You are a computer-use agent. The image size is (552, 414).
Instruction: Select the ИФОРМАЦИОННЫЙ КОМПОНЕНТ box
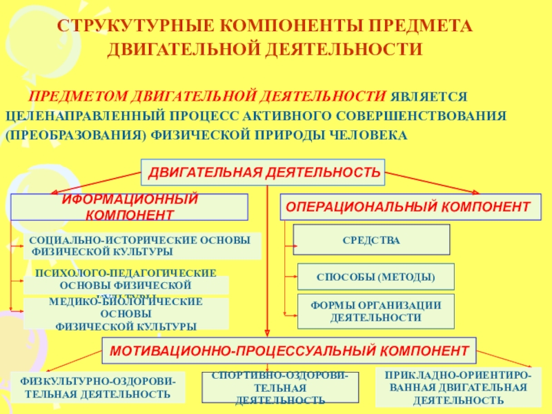(x=129, y=207)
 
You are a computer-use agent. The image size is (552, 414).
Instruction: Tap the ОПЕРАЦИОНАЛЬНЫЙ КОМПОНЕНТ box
(x=408, y=207)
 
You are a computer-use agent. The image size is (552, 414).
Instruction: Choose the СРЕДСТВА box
(x=372, y=239)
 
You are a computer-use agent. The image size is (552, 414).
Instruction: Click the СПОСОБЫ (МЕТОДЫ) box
(x=375, y=277)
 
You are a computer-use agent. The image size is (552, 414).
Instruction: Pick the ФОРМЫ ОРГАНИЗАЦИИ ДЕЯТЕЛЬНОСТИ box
(x=375, y=311)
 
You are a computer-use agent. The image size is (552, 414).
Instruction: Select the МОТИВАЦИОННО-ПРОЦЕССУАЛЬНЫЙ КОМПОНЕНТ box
(x=289, y=351)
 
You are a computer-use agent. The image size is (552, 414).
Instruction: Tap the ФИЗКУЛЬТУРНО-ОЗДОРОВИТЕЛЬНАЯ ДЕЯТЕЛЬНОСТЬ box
(x=98, y=387)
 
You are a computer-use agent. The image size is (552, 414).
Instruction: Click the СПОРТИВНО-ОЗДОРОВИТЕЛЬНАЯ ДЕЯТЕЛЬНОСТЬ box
(x=280, y=387)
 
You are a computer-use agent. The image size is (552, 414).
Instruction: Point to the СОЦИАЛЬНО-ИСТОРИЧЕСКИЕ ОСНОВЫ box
(x=143, y=246)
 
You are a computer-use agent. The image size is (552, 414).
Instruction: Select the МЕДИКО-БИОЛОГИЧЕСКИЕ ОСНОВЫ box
(x=126, y=313)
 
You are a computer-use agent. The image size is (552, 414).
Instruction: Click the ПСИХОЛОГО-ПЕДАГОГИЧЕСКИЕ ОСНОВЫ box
(x=126, y=280)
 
